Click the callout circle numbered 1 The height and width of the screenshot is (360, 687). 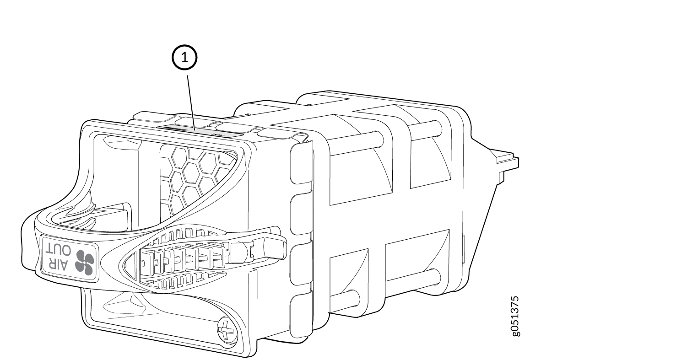point(184,58)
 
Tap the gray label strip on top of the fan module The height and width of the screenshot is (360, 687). point(199,130)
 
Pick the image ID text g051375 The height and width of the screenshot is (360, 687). point(515,316)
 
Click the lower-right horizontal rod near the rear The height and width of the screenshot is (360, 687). point(421,277)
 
